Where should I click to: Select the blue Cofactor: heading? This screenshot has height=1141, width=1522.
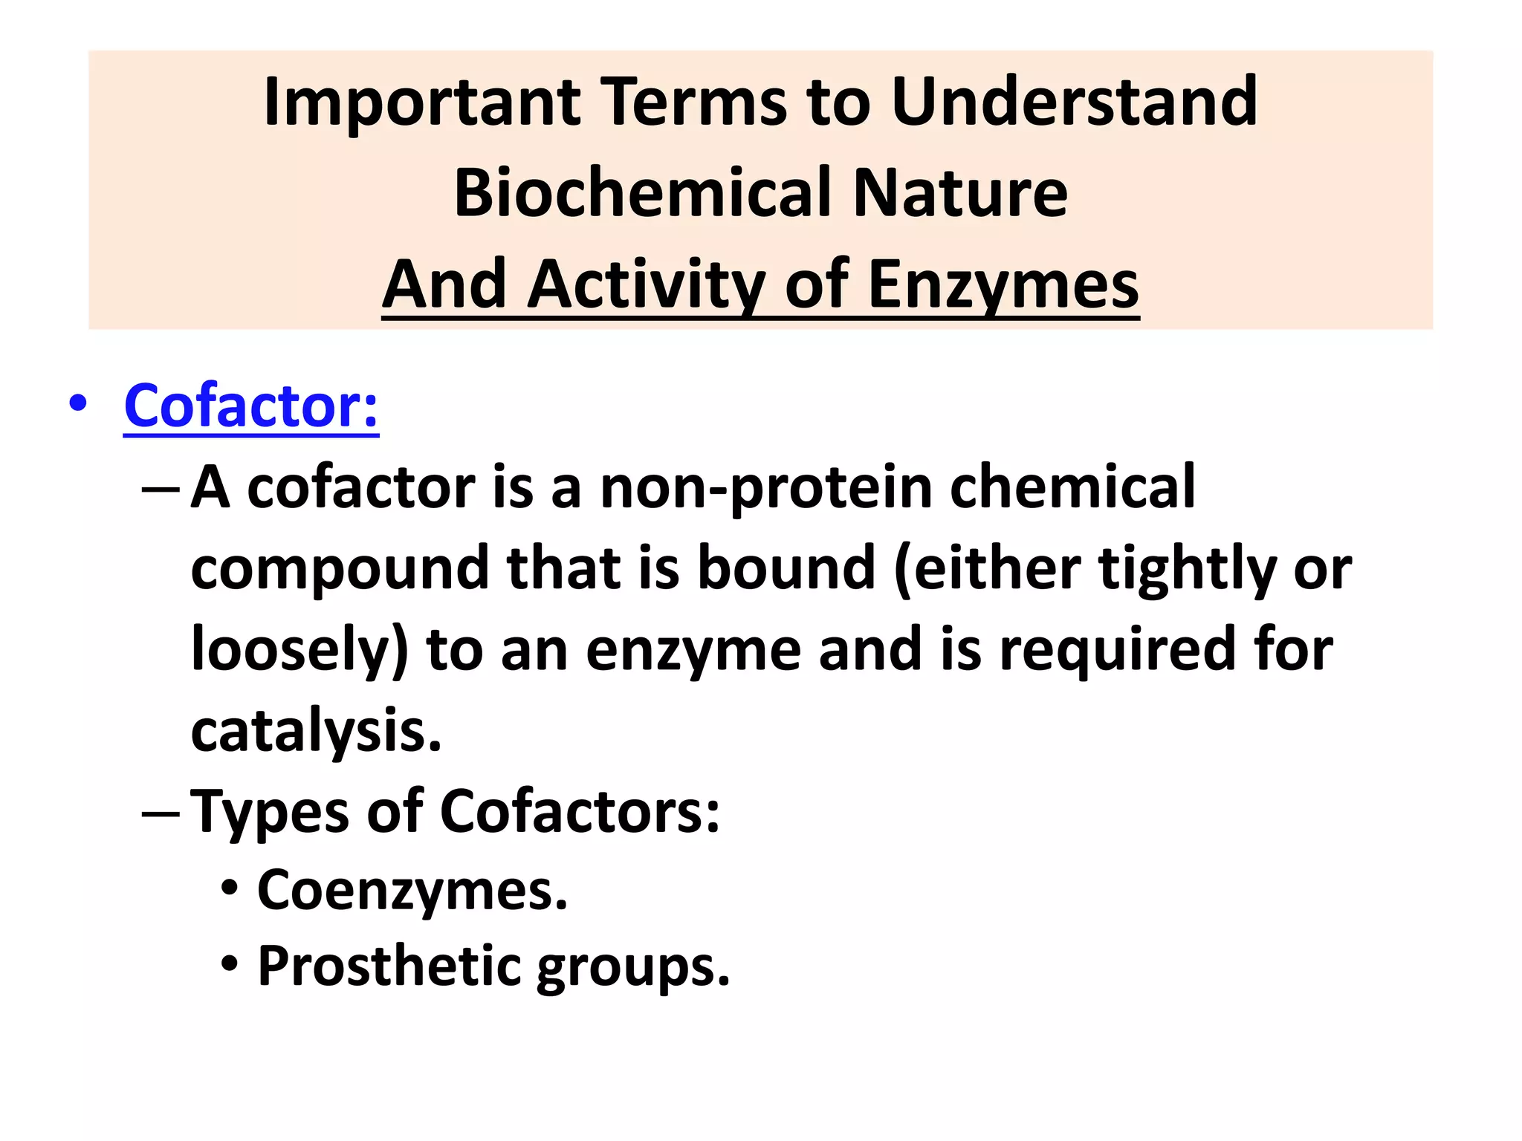coord(251,406)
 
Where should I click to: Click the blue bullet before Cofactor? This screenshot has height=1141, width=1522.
coord(77,405)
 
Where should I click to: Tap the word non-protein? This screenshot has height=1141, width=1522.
coord(766,488)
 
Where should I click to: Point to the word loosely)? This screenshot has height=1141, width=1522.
coord(299,650)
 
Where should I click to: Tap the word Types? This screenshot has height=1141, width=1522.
coord(270,812)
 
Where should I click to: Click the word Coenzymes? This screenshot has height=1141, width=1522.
coord(412,890)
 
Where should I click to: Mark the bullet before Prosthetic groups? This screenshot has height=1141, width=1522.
coord(230,965)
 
